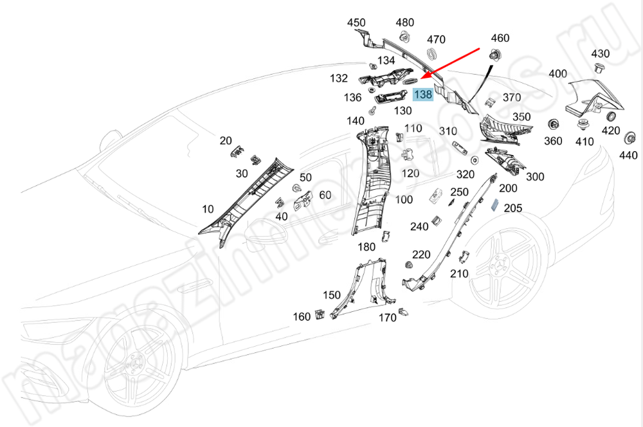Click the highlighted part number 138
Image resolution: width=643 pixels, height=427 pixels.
click(423, 95)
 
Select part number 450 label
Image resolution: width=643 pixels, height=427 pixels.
click(356, 23)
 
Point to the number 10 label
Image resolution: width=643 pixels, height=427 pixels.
click(208, 208)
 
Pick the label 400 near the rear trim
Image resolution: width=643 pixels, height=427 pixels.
click(558, 74)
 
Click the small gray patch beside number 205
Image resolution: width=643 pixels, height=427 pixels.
click(495, 206)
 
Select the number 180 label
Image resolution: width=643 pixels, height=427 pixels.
click(366, 247)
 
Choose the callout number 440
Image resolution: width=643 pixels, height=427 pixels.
click(628, 155)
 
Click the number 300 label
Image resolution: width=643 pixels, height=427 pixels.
click(535, 177)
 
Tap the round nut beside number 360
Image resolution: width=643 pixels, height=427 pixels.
click(552, 125)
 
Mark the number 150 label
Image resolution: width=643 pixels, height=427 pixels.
click(332, 295)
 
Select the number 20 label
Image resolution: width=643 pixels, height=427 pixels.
click(226, 141)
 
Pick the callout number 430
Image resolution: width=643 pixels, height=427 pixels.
click(600, 53)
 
